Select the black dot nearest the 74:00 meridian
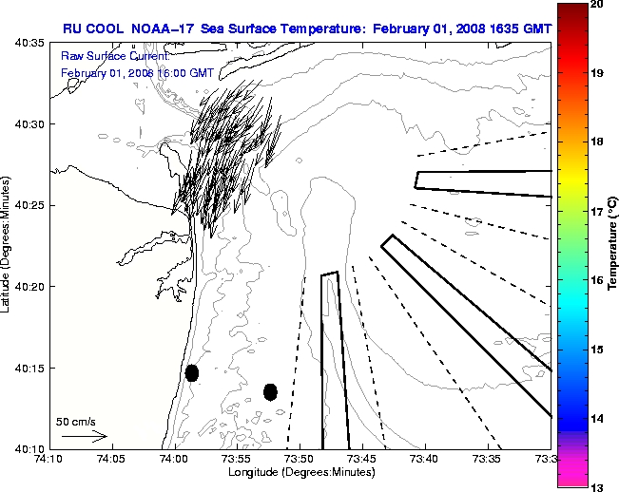pyautogui.click(x=192, y=372)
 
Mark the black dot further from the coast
pyautogui.click(x=270, y=391)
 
